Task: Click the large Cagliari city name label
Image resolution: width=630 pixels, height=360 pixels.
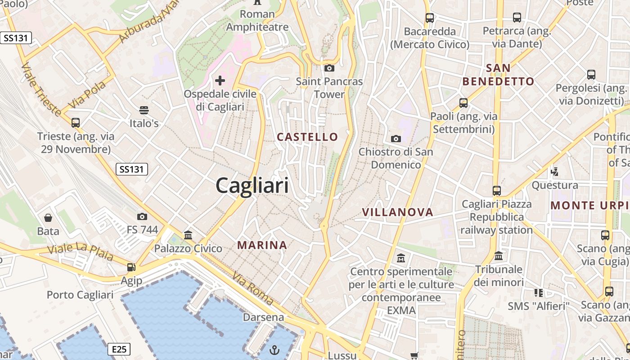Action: pos(252,185)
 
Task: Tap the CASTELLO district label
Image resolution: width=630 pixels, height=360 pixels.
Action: pos(307,137)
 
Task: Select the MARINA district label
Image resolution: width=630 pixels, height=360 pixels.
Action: pos(262,245)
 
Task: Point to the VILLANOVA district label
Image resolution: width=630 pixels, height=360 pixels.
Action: pos(398,212)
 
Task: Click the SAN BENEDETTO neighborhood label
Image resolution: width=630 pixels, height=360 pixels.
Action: pos(498,75)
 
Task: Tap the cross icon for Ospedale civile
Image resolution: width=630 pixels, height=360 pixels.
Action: pos(220,81)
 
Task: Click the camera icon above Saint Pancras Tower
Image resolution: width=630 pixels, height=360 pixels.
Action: pos(329,68)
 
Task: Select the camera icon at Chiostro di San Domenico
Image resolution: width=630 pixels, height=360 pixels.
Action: pos(396,139)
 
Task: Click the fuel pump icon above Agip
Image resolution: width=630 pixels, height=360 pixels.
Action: pos(131,267)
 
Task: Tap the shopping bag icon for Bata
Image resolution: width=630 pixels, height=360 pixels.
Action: pos(48,218)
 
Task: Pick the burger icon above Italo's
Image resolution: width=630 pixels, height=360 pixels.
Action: pos(144,110)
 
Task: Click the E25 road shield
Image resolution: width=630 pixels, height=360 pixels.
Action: pos(119,349)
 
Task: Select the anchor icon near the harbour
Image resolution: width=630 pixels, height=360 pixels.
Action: pos(274,350)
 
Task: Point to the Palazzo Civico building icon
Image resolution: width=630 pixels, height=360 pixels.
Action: pos(188,235)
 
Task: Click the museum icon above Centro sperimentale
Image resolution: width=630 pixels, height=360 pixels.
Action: pos(401,258)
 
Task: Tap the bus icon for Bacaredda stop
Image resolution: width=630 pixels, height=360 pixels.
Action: pos(430,18)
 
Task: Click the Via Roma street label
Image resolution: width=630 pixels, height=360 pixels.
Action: pos(252,289)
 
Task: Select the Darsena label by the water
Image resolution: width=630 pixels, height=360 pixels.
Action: pos(264,317)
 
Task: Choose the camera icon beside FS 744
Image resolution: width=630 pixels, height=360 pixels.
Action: pos(142,217)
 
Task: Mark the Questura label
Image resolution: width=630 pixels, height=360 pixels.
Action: pos(555,185)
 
